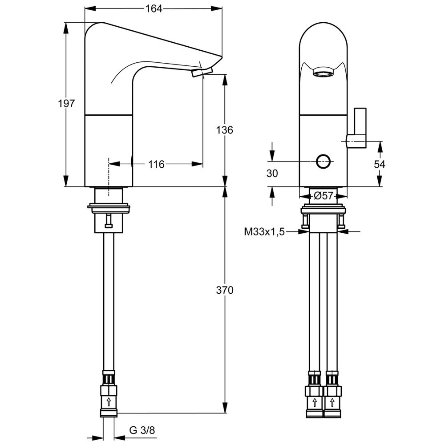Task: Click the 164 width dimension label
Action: tap(154, 8)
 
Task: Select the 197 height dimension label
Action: tap(66, 104)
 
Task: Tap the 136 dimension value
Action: tap(225, 130)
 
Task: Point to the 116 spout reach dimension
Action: tap(156, 165)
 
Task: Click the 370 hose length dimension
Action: tap(225, 290)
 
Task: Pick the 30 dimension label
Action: tap(272, 174)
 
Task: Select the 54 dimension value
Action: tap(379, 164)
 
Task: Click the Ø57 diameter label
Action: tap(324, 195)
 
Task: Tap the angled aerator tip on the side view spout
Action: tap(202, 73)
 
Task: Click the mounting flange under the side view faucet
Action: tap(109, 207)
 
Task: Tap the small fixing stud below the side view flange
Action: tap(108, 222)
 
